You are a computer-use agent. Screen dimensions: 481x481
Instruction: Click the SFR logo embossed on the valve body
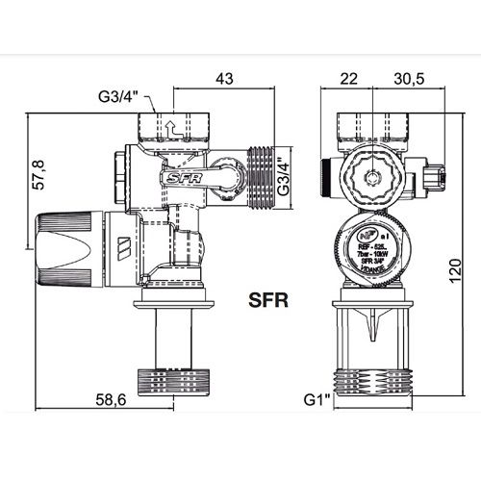tap(176, 177)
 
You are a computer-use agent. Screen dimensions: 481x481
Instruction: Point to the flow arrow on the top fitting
tap(169, 125)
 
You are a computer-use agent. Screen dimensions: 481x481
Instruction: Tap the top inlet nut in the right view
tap(377, 126)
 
